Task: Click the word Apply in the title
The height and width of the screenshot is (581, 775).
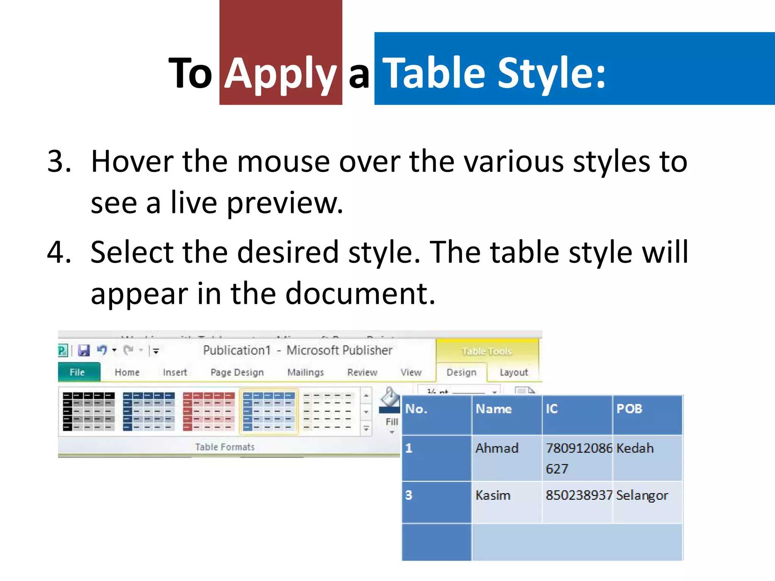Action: [280, 74]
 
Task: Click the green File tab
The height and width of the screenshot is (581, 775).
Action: [78, 372]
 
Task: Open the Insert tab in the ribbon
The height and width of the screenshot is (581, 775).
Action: [175, 373]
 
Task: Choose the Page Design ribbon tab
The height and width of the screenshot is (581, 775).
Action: [237, 373]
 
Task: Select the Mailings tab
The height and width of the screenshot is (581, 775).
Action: [305, 373]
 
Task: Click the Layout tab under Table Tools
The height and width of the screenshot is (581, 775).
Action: [514, 373]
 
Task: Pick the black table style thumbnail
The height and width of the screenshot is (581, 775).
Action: [89, 411]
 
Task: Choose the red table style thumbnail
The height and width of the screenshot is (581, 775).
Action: [209, 411]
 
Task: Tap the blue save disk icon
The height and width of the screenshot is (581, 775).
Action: [84, 350]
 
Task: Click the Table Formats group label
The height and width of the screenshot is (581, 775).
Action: [225, 447]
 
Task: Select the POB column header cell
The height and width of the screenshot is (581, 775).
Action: [647, 415]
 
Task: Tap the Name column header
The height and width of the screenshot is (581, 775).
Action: [506, 415]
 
